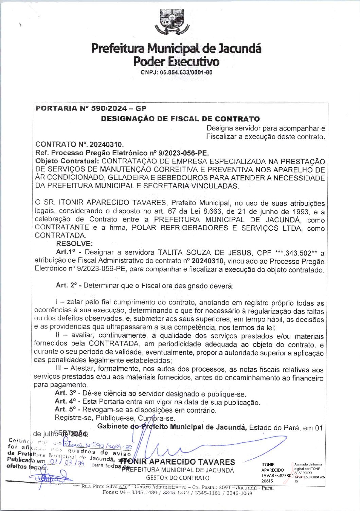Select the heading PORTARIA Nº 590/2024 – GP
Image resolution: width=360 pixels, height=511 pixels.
pyautogui.click(x=91, y=109)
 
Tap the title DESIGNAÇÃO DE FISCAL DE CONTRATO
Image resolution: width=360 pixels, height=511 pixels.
pyautogui.click(x=180, y=119)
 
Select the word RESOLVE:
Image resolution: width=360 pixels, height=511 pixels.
pyautogui.click(x=74, y=244)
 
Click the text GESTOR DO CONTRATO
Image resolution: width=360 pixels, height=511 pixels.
pyautogui.click(x=178, y=478)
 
